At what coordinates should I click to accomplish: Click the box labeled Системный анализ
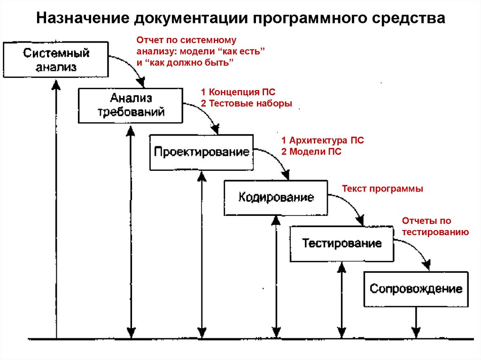click(x=56, y=60)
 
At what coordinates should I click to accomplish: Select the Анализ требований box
click(x=131, y=105)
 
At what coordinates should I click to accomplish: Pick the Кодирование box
click(x=276, y=197)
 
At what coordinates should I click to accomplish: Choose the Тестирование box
click(x=341, y=244)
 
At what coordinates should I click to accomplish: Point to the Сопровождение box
click(x=416, y=289)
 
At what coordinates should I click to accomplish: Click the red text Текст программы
click(x=382, y=189)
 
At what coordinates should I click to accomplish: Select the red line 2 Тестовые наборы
click(x=246, y=103)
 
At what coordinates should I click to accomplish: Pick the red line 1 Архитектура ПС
click(x=322, y=140)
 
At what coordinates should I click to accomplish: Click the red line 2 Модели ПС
click(x=311, y=152)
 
